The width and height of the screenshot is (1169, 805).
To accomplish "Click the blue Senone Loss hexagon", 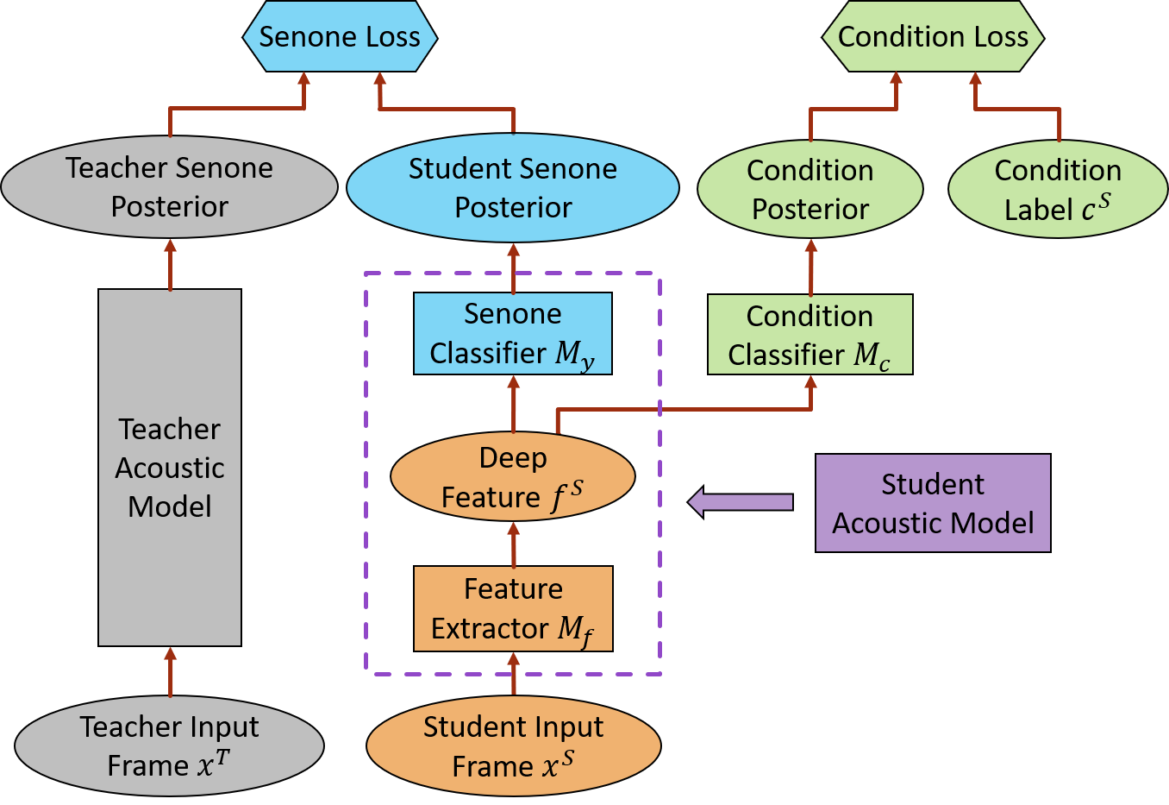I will click(x=340, y=37).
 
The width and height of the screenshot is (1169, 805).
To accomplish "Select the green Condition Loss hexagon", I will click(x=933, y=37).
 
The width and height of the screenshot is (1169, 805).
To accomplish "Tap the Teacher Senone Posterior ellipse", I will click(x=169, y=187).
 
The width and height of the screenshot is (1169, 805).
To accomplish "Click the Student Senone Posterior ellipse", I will click(x=513, y=188).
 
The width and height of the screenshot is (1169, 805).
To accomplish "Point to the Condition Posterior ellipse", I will click(x=810, y=190).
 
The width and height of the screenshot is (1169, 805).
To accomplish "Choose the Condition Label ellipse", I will click(x=1058, y=190).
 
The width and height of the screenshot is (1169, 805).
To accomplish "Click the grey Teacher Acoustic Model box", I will click(x=170, y=468).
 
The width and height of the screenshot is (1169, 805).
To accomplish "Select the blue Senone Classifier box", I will click(x=513, y=334).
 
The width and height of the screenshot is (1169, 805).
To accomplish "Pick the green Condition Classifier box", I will click(x=810, y=335).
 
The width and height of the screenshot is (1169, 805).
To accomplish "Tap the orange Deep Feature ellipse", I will click(x=513, y=477).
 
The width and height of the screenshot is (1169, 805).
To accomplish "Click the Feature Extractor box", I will click(x=513, y=608).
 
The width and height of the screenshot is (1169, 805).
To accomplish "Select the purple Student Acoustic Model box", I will click(x=933, y=503).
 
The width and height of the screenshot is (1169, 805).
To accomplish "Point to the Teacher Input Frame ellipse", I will click(x=169, y=745).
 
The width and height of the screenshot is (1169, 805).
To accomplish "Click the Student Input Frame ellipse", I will click(x=513, y=746).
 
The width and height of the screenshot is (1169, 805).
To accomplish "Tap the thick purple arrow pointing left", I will click(x=741, y=502).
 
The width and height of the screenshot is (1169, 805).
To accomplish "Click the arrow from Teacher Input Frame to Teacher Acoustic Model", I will click(x=170, y=671).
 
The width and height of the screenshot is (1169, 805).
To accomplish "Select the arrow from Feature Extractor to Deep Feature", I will click(x=514, y=544).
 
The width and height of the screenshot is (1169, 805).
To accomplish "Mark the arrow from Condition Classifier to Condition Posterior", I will click(x=810, y=267).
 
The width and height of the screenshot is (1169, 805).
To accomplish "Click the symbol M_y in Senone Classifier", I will click(x=574, y=355).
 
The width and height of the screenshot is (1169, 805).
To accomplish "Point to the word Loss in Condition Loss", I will click(x=999, y=37).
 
